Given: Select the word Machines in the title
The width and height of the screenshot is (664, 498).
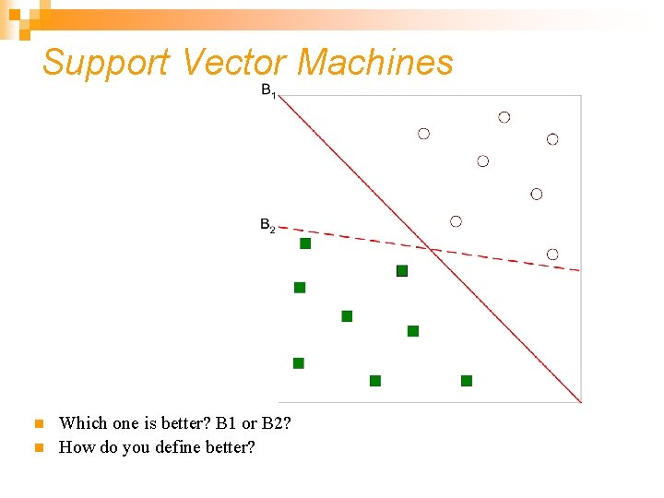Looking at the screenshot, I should pos(375,63).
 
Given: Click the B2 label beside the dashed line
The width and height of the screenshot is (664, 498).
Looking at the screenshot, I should pos(267,225).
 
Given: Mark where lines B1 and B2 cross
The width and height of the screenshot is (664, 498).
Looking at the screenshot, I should pos(431,247).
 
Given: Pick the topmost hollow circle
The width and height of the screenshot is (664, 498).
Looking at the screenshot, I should pos(504,117).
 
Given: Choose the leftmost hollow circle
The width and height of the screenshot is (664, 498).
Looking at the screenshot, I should pos(423,134).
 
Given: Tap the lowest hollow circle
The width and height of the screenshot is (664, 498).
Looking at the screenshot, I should pos(552,254).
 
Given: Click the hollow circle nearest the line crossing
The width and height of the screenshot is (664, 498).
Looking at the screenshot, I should pos(456,221).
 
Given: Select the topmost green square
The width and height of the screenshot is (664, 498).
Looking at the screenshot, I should pos(305,243).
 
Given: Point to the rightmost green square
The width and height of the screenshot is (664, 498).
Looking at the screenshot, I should pos(467,381).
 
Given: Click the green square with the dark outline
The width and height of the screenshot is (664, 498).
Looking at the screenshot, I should pos(402,270).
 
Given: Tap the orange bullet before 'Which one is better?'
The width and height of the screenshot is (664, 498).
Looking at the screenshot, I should pos(38,424).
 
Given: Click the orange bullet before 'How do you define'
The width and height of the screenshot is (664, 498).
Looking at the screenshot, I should pos(38,448).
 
